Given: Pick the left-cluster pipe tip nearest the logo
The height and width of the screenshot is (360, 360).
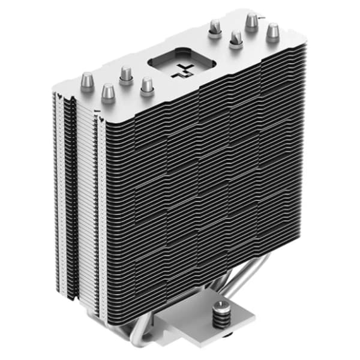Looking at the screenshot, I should (x=147, y=84).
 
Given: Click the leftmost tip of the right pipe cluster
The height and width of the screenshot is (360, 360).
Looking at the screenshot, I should (x=214, y=28).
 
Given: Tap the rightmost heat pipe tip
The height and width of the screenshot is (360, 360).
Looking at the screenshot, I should (x=273, y=31).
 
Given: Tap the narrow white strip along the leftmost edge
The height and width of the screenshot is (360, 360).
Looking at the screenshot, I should (x=58, y=180).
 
